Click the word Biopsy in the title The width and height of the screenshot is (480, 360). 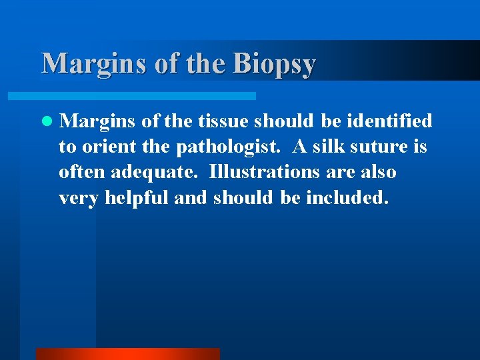point(274,65)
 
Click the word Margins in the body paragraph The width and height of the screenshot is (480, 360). point(93,121)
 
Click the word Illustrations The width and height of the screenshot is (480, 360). point(264,172)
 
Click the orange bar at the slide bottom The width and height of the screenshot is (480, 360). point(127,353)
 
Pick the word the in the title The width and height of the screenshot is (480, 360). point(204,63)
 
